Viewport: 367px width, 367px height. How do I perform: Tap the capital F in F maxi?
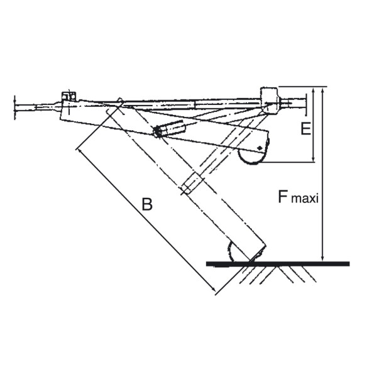click(x=284, y=197)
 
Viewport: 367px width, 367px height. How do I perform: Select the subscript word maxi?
click(x=307, y=200)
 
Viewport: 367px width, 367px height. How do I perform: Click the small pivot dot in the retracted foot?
click(x=258, y=148)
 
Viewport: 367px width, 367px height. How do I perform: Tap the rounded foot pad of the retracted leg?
click(x=253, y=158)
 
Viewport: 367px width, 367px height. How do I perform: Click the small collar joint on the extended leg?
click(x=192, y=185)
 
